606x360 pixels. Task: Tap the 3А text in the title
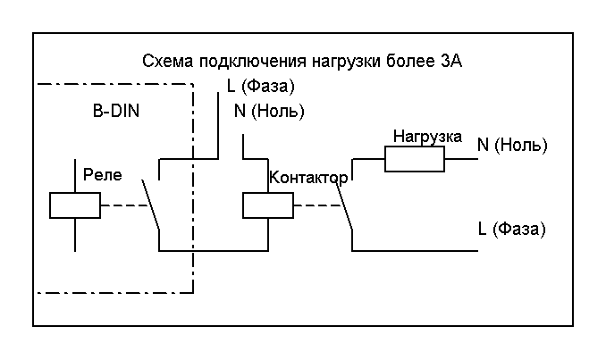pyautogui.click(x=452, y=63)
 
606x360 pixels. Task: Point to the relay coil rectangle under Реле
pyautogui.click(x=74, y=205)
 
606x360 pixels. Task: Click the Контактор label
pyautogui.click(x=308, y=177)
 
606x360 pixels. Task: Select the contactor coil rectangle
pyautogui.click(x=267, y=205)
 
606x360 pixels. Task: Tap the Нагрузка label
pyautogui.click(x=427, y=137)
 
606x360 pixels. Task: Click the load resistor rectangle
pyautogui.click(x=414, y=160)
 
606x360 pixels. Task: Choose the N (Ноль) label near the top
pyautogui.click(x=268, y=112)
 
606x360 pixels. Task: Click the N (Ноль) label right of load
pyautogui.click(x=512, y=145)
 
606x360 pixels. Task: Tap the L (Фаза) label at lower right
pyautogui.click(x=512, y=229)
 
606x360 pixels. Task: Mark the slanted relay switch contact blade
pyautogui.click(x=150, y=205)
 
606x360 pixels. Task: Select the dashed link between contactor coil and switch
pyautogui.click(x=312, y=205)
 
